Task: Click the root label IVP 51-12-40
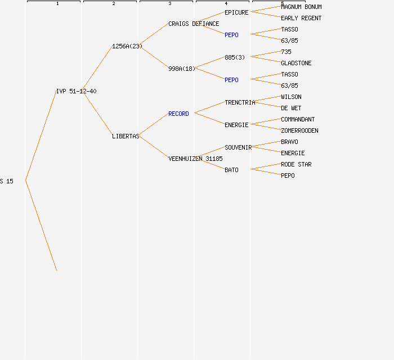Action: (x=77, y=91)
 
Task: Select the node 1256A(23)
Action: (x=127, y=46)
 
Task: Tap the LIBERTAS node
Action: (x=126, y=136)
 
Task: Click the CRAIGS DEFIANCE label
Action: (x=194, y=24)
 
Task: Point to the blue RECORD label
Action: (x=178, y=114)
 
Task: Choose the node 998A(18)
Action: (x=182, y=69)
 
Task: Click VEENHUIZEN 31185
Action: (x=195, y=159)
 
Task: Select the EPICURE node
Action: (x=236, y=12)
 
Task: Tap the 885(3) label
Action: (x=235, y=57)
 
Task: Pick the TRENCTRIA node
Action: (x=240, y=102)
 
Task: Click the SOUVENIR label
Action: (x=238, y=147)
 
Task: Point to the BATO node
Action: (x=231, y=170)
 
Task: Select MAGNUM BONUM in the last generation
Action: (x=301, y=7)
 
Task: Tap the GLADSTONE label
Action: (x=296, y=63)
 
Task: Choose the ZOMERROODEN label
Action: (x=299, y=130)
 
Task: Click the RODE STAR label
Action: (x=296, y=164)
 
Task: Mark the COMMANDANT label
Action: (x=298, y=119)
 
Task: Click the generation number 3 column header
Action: (x=170, y=3)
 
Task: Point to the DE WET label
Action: (x=291, y=108)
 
